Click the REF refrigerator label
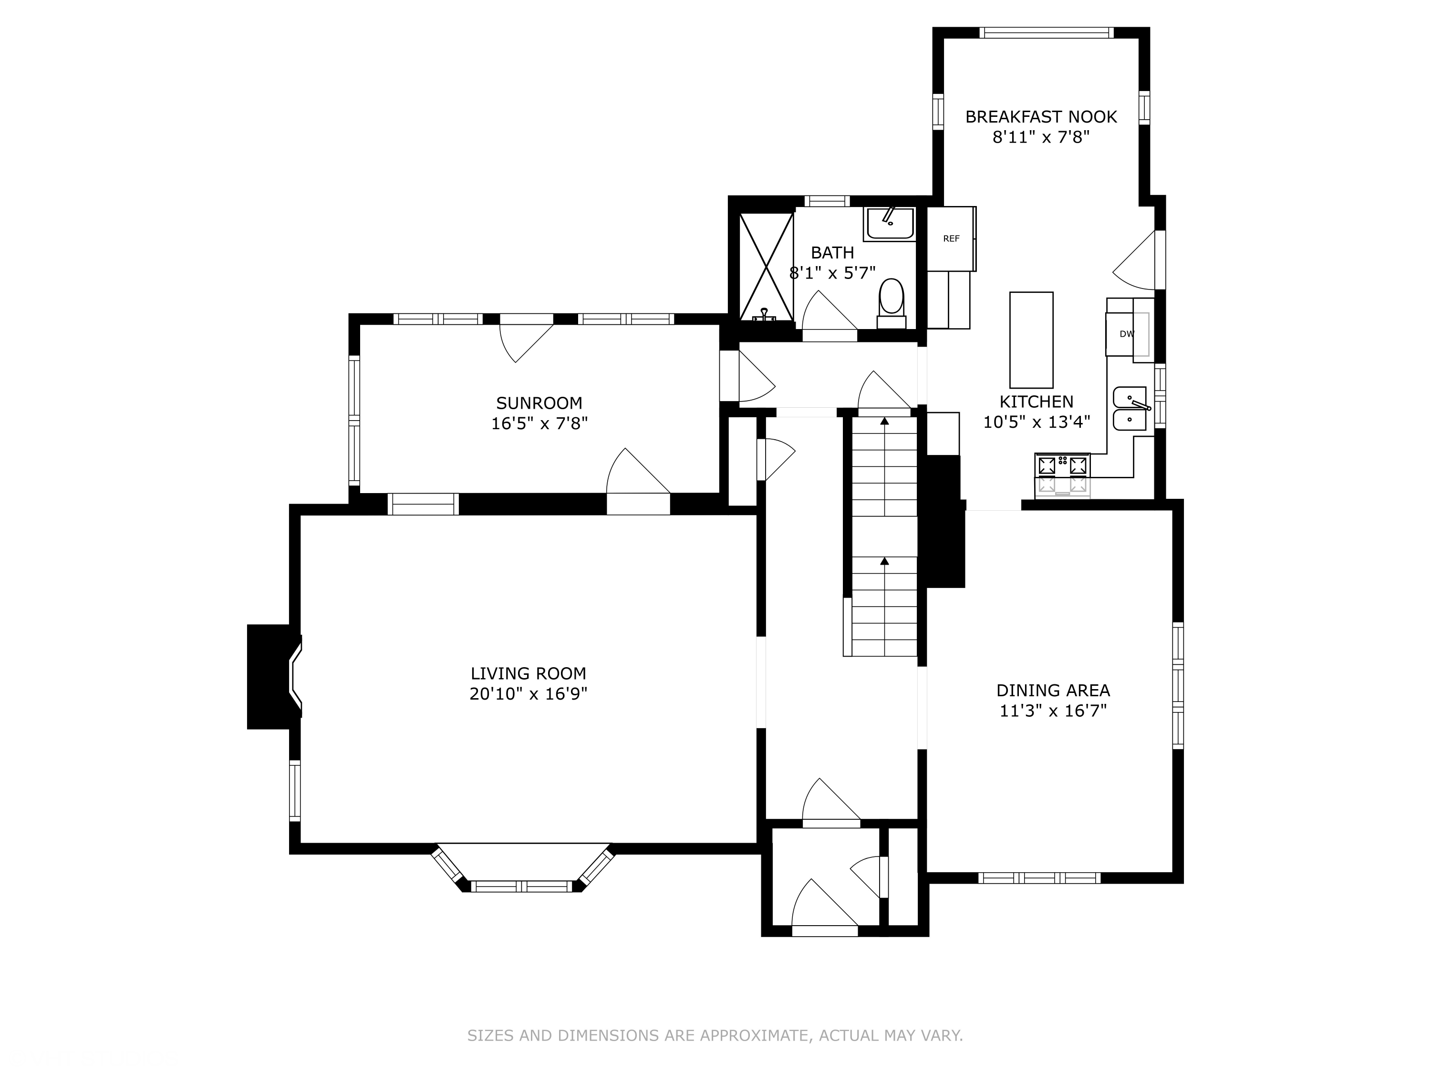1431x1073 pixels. click(951, 238)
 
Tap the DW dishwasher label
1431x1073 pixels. click(1127, 334)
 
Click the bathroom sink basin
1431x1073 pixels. click(890, 223)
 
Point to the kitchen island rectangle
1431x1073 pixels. click(1031, 340)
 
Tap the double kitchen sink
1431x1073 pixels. click(1130, 408)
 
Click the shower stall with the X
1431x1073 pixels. click(766, 267)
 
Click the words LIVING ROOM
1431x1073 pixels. click(528, 673)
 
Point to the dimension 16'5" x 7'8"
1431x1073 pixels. click(539, 423)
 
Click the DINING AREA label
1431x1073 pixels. click(1053, 690)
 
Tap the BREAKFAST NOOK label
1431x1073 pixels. click(1041, 116)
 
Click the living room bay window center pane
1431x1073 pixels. click(521, 886)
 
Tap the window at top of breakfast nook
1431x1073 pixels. click(1046, 32)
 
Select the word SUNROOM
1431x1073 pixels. click(539, 403)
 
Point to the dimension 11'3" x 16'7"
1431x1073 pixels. click(1053, 711)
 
